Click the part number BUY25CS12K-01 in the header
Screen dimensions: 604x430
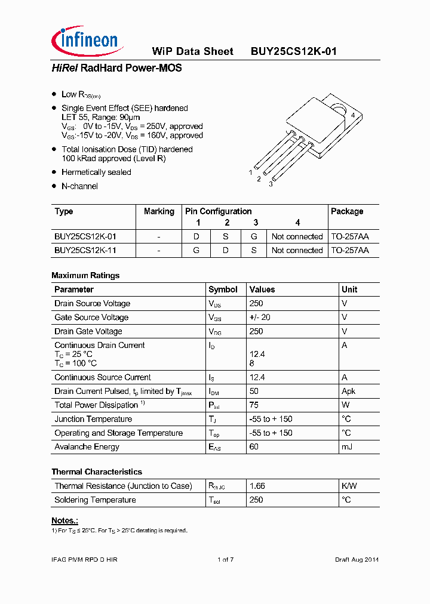pos(293,51)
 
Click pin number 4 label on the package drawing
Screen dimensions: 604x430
pos(353,115)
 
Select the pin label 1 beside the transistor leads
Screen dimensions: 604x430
pos(251,172)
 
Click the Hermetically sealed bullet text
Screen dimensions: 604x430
pos(96,172)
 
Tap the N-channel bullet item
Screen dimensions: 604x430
pos(79,186)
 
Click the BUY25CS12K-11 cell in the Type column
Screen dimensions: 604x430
pos(85,250)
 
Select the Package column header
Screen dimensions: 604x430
pos(346,211)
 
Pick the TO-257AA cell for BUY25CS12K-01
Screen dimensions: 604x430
pos(350,236)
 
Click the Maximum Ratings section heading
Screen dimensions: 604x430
pos(85,275)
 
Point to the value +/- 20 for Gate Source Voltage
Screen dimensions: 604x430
pos(260,318)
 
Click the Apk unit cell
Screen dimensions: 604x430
pos(348,391)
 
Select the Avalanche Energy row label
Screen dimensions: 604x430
pos(87,446)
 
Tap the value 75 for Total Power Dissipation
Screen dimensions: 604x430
pos(254,405)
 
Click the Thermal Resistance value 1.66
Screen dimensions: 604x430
pos(257,486)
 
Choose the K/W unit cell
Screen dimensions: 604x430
pos(349,486)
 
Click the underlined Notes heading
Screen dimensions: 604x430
pos(64,520)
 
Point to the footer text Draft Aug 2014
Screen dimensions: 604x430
pos(356,559)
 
